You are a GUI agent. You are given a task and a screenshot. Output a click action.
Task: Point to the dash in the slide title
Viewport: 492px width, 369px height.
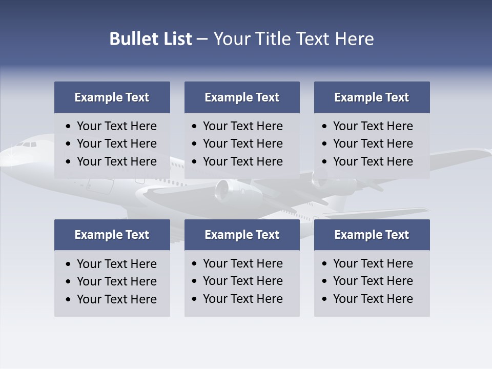(202, 39)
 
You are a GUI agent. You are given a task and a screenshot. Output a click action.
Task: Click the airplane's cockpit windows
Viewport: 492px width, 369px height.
(27, 145)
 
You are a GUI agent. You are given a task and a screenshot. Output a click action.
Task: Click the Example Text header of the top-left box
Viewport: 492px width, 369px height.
(112, 97)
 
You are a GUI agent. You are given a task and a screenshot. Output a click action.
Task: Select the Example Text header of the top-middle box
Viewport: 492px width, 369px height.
(242, 97)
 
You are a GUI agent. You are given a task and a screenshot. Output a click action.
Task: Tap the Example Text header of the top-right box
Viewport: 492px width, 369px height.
(372, 97)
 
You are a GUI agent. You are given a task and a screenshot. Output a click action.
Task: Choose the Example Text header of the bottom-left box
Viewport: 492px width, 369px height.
(112, 235)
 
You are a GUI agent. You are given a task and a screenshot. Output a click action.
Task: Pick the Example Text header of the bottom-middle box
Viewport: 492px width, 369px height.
(242, 235)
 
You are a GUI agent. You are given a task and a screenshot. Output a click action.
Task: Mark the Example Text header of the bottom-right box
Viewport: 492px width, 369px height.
(372, 235)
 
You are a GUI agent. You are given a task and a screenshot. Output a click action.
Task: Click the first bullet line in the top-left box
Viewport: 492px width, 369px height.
(116, 126)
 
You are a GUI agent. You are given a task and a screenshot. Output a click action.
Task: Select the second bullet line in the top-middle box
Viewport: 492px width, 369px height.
(242, 143)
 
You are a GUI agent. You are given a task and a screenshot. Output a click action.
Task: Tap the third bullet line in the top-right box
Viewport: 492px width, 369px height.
(373, 161)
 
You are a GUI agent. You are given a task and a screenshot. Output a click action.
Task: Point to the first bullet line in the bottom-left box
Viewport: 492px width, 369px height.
(116, 264)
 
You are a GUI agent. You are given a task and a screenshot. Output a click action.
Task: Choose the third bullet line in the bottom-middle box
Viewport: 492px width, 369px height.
(242, 299)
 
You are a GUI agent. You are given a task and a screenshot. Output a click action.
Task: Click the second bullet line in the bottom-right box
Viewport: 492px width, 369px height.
(373, 281)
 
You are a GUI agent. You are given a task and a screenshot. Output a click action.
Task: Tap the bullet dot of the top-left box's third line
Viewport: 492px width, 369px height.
(69, 162)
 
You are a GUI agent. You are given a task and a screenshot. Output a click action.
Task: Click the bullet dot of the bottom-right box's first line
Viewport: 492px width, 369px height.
(324, 264)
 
